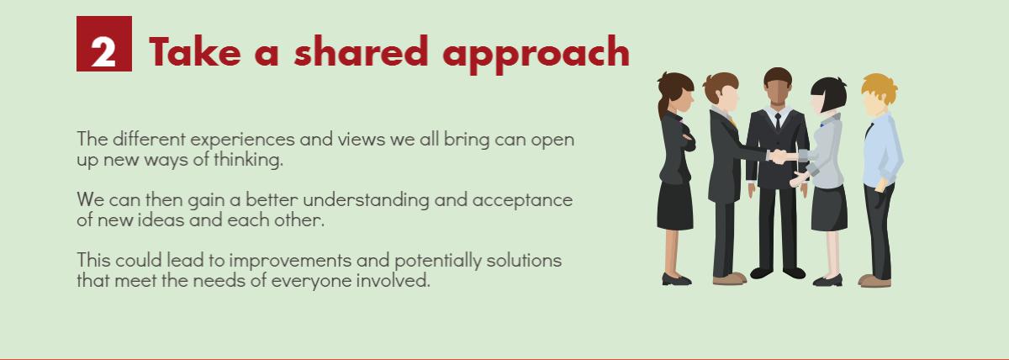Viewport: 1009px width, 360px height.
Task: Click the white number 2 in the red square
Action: pos(103,51)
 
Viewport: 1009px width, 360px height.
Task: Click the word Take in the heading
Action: pos(194,52)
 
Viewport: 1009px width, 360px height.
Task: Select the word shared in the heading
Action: pos(361,51)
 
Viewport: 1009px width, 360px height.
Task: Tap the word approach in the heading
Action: pos(536,55)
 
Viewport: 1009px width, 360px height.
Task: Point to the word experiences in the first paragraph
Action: pos(242,140)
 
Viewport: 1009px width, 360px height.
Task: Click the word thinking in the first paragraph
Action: pos(248,160)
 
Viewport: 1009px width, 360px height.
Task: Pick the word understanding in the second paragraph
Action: pos(366,200)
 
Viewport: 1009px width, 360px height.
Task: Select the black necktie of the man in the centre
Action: pos(778,122)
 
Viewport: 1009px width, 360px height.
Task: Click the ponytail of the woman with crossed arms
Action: pos(663,106)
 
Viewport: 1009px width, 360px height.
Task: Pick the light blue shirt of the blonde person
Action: pos(882,150)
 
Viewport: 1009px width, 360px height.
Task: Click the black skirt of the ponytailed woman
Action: pos(674,205)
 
